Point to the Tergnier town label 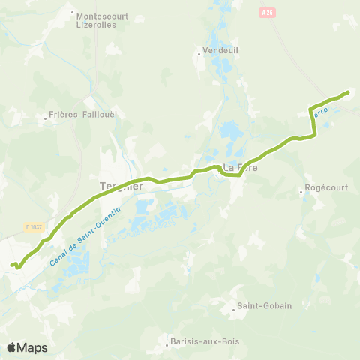(x=121, y=186)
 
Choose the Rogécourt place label (x=327, y=188)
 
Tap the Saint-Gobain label (x=264, y=306)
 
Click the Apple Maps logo (x=27, y=347)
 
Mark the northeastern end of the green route (x=349, y=92)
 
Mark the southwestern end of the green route (x=11, y=264)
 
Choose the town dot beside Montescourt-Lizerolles (x=72, y=13)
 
